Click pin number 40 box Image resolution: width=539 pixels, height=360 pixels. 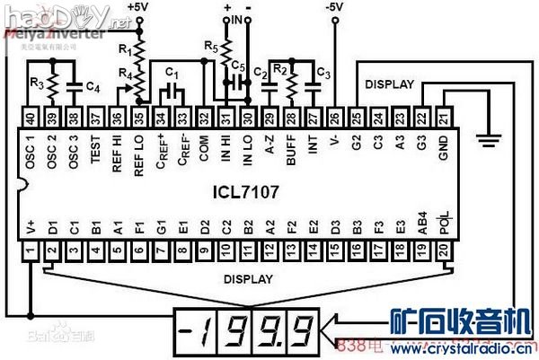(31, 117)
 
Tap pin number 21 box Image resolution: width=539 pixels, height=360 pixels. (444, 117)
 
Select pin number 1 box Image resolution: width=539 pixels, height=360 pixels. (31, 254)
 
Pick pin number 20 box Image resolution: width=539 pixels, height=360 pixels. (444, 254)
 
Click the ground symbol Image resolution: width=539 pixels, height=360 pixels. (490, 136)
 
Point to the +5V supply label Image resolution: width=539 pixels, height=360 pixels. (138, 7)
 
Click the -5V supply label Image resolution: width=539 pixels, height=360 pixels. (334, 7)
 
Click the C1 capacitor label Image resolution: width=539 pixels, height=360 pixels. (173, 72)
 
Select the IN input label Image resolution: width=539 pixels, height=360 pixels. (237, 19)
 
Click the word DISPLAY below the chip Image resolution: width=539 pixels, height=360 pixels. (248, 279)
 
